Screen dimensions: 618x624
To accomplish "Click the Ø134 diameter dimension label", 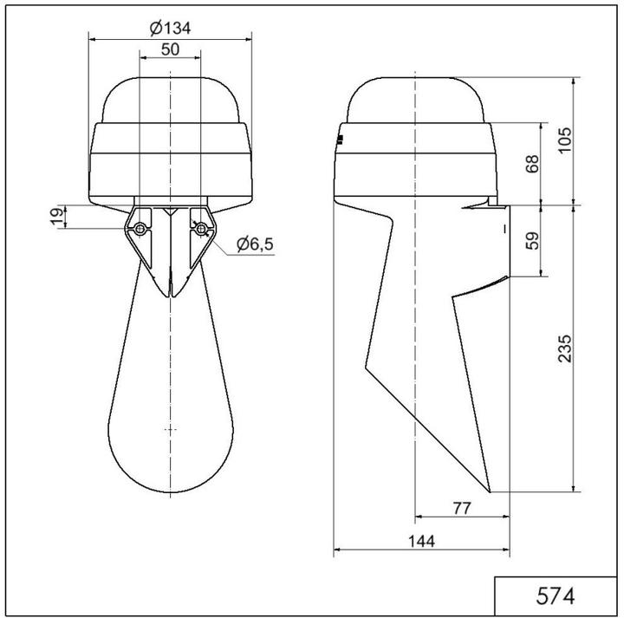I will click(x=170, y=28).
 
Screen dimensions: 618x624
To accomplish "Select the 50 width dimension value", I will click(x=170, y=49).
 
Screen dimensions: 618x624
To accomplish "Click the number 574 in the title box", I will click(x=555, y=596).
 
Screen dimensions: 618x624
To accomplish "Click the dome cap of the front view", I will click(x=170, y=97).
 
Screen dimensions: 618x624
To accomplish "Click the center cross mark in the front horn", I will click(x=170, y=430).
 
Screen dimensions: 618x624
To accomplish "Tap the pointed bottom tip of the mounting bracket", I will click(x=170, y=296).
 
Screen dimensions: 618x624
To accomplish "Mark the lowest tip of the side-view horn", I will click(x=491, y=491).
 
